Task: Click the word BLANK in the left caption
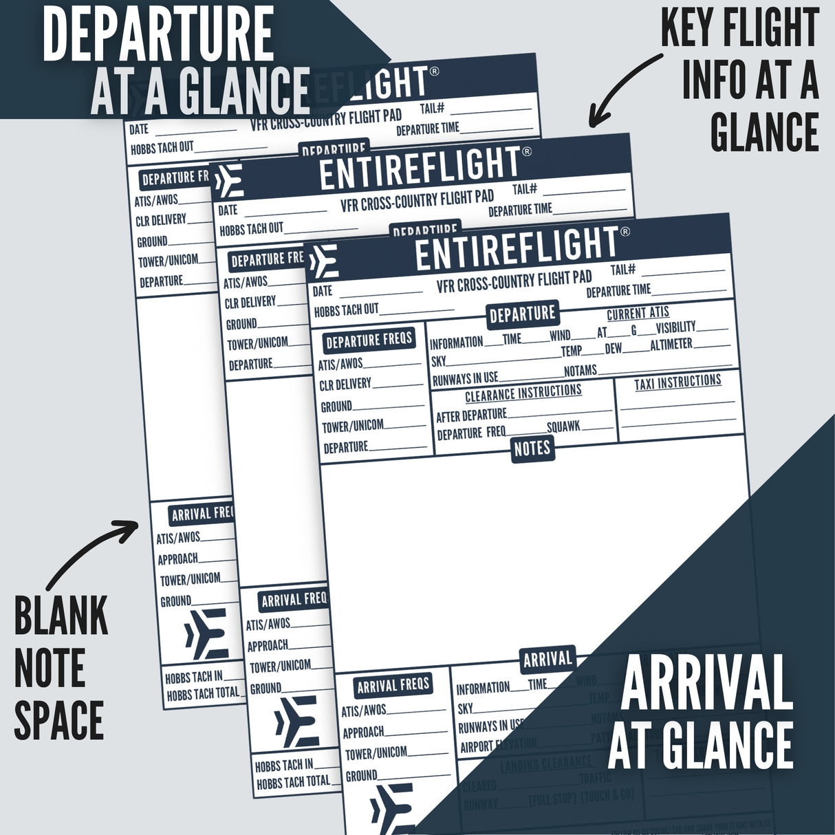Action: [61, 617]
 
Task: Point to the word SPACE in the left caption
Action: [59, 720]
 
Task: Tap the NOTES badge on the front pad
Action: [532, 448]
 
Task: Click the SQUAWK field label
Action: [563, 427]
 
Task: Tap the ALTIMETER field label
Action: [671, 344]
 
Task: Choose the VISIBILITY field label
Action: [675, 327]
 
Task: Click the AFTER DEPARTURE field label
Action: [471, 415]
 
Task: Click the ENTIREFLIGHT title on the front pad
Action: [517, 251]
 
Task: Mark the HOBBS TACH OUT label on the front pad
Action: [347, 311]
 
